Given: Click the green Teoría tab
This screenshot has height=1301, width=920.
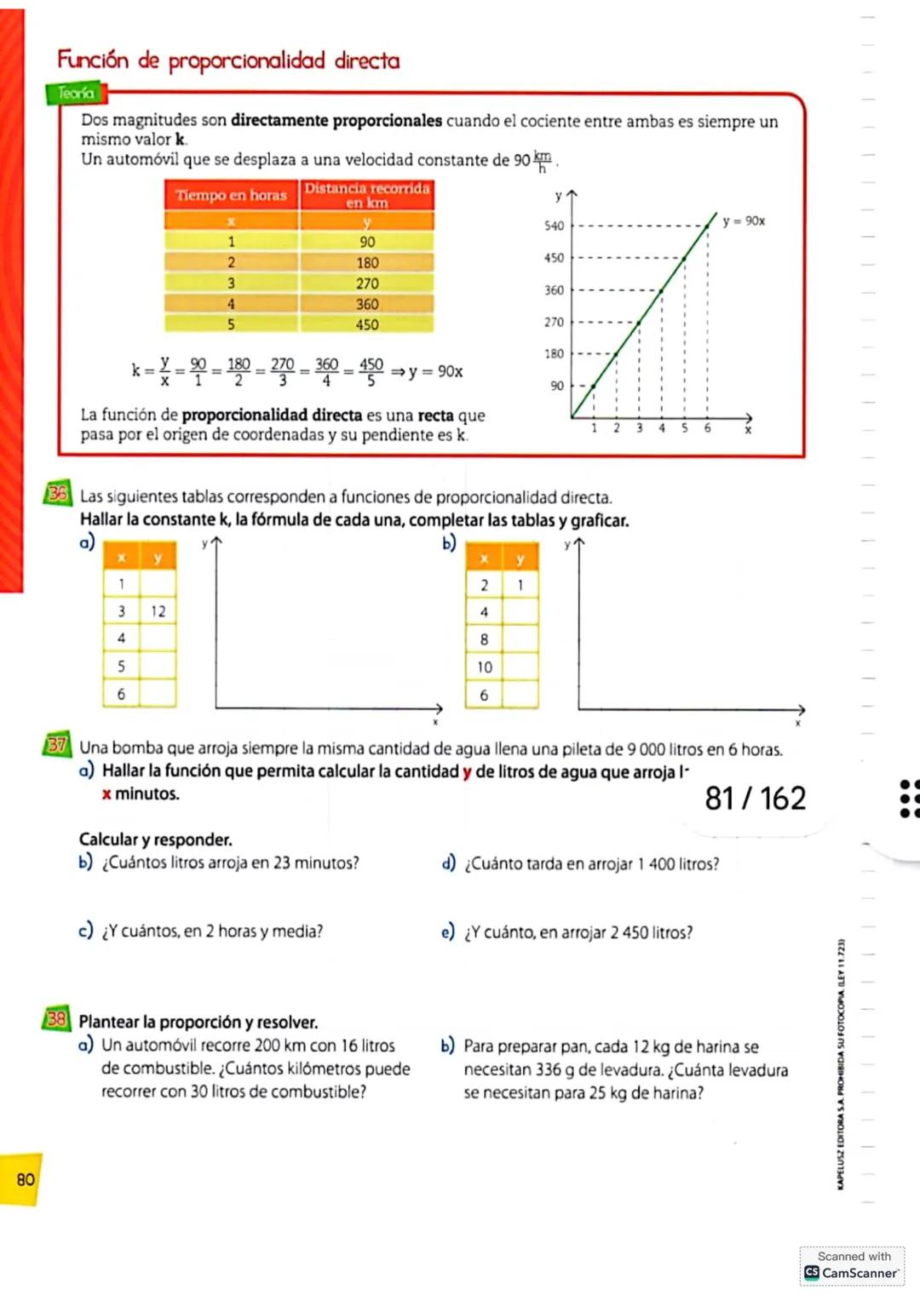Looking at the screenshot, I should pyautogui.click(x=74, y=93).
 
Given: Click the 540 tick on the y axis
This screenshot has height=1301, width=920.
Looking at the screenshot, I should pyautogui.click(x=555, y=226).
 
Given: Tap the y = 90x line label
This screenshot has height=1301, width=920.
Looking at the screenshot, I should pyautogui.click(x=744, y=221).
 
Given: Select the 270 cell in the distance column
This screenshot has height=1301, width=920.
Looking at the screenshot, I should pyautogui.click(x=367, y=284).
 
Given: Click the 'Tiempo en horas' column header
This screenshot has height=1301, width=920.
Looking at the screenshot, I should pyautogui.click(x=231, y=195).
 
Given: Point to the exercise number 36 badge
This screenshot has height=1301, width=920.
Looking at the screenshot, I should pyautogui.click(x=57, y=493).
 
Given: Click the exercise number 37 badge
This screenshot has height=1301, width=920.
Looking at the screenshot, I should pyautogui.click(x=56, y=745).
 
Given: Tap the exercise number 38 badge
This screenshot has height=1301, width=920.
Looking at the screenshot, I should pyautogui.click(x=56, y=1018).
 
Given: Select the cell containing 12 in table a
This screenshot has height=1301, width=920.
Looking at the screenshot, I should pyautogui.click(x=158, y=611).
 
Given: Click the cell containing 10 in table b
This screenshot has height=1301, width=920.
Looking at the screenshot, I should pyautogui.click(x=484, y=668).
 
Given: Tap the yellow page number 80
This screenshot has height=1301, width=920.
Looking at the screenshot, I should pyautogui.click(x=25, y=1179).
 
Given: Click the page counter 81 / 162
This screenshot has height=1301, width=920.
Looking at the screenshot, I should pyautogui.click(x=755, y=799).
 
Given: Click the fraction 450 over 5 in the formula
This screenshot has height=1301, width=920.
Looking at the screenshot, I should pyautogui.click(x=371, y=372).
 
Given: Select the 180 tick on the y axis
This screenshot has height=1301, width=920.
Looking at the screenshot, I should pyautogui.click(x=555, y=353).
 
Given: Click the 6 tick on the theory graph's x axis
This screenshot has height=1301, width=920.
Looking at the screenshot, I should pyautogui.click(x=707, y=428).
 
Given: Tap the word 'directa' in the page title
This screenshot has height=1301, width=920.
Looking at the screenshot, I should pyautogui.click(x=367, y=60).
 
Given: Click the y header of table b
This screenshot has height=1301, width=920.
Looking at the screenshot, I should pyautogui.click(x=520, y=559).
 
